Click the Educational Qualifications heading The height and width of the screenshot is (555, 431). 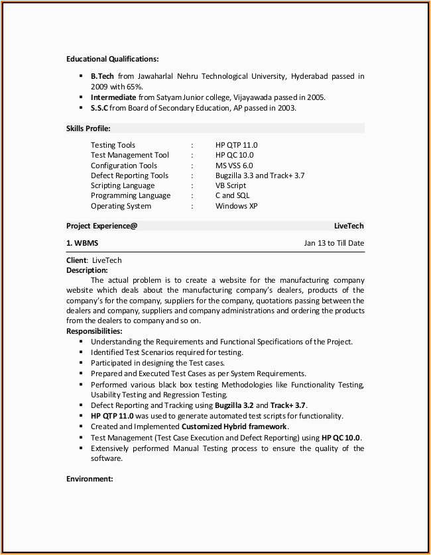point(112,59)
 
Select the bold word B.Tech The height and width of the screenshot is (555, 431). point(102,77)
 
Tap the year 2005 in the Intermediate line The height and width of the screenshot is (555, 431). point(315,97)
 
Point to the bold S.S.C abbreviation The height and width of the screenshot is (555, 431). point(99,108)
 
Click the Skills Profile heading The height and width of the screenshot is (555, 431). point(88,128)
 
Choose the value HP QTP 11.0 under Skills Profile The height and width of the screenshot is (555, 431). point(236,145)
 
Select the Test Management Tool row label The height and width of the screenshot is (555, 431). point(130,155)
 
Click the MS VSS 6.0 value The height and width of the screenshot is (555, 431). point(234,166)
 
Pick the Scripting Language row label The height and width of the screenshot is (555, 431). point(123,185)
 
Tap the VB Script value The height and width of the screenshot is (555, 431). point(231,185)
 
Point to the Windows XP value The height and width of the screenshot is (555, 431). point(236,206)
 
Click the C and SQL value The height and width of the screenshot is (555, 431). point(233,195)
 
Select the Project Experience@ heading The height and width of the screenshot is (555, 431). point(101,226)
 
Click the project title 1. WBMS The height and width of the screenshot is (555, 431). point(82,243)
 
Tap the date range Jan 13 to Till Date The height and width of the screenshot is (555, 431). point(334,243)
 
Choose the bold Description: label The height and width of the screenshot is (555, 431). point(87,270)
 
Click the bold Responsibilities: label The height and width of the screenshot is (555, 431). point(94,331)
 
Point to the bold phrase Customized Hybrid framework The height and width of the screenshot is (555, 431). point(234,427)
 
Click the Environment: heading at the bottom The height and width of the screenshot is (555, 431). point(90,478)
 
